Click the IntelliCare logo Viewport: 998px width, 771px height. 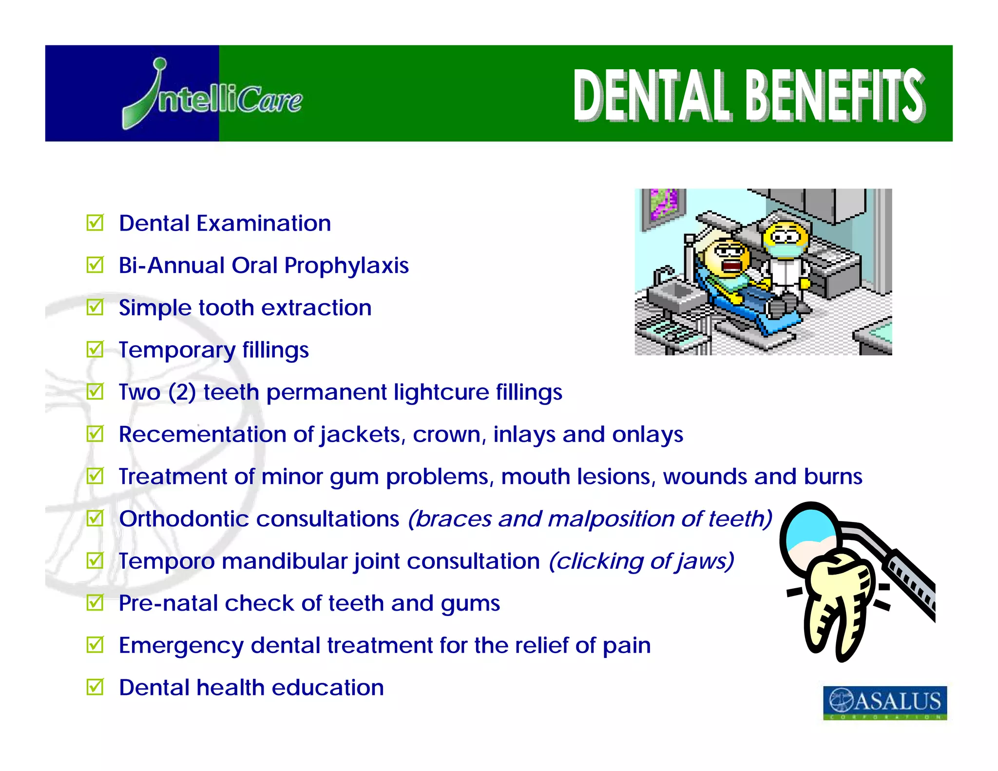(212, 96)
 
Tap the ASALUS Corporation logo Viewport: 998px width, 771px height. (884, 702)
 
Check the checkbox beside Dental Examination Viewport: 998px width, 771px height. (95, 223)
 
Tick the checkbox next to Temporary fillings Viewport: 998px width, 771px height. (95, 349)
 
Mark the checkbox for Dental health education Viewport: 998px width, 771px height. (95, 687)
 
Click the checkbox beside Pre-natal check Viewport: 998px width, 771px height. (95, 603)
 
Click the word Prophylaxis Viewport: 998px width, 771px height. (346, 266)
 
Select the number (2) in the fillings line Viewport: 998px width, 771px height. (182, 392)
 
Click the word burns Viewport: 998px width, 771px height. (833, 477)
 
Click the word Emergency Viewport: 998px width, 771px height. (181, 646)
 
